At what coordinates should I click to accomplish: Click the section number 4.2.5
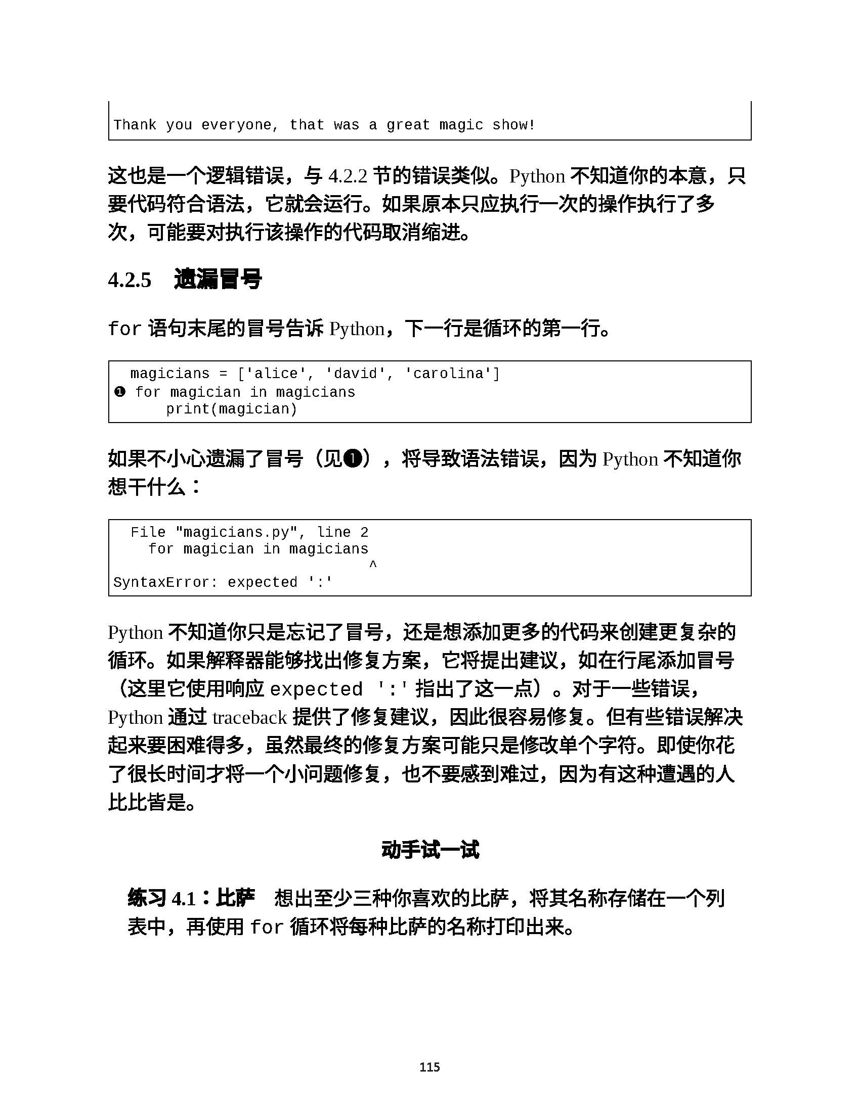[130, 281]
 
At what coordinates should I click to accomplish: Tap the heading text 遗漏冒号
[218, 280]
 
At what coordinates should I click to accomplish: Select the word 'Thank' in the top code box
[135, 125]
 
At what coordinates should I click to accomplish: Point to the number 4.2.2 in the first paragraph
[348, 177]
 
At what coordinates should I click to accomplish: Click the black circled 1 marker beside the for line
[120, 392]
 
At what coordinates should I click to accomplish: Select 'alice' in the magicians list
[276, 374]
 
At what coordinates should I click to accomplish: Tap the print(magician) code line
[231, 409]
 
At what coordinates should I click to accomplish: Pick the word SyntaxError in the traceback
[161, 582]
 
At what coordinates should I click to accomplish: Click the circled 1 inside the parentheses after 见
[353, 459]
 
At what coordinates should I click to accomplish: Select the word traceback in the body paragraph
[249, 718]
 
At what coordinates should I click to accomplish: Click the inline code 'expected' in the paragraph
[315, 689]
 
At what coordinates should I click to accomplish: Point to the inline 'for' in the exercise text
[267, 927]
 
